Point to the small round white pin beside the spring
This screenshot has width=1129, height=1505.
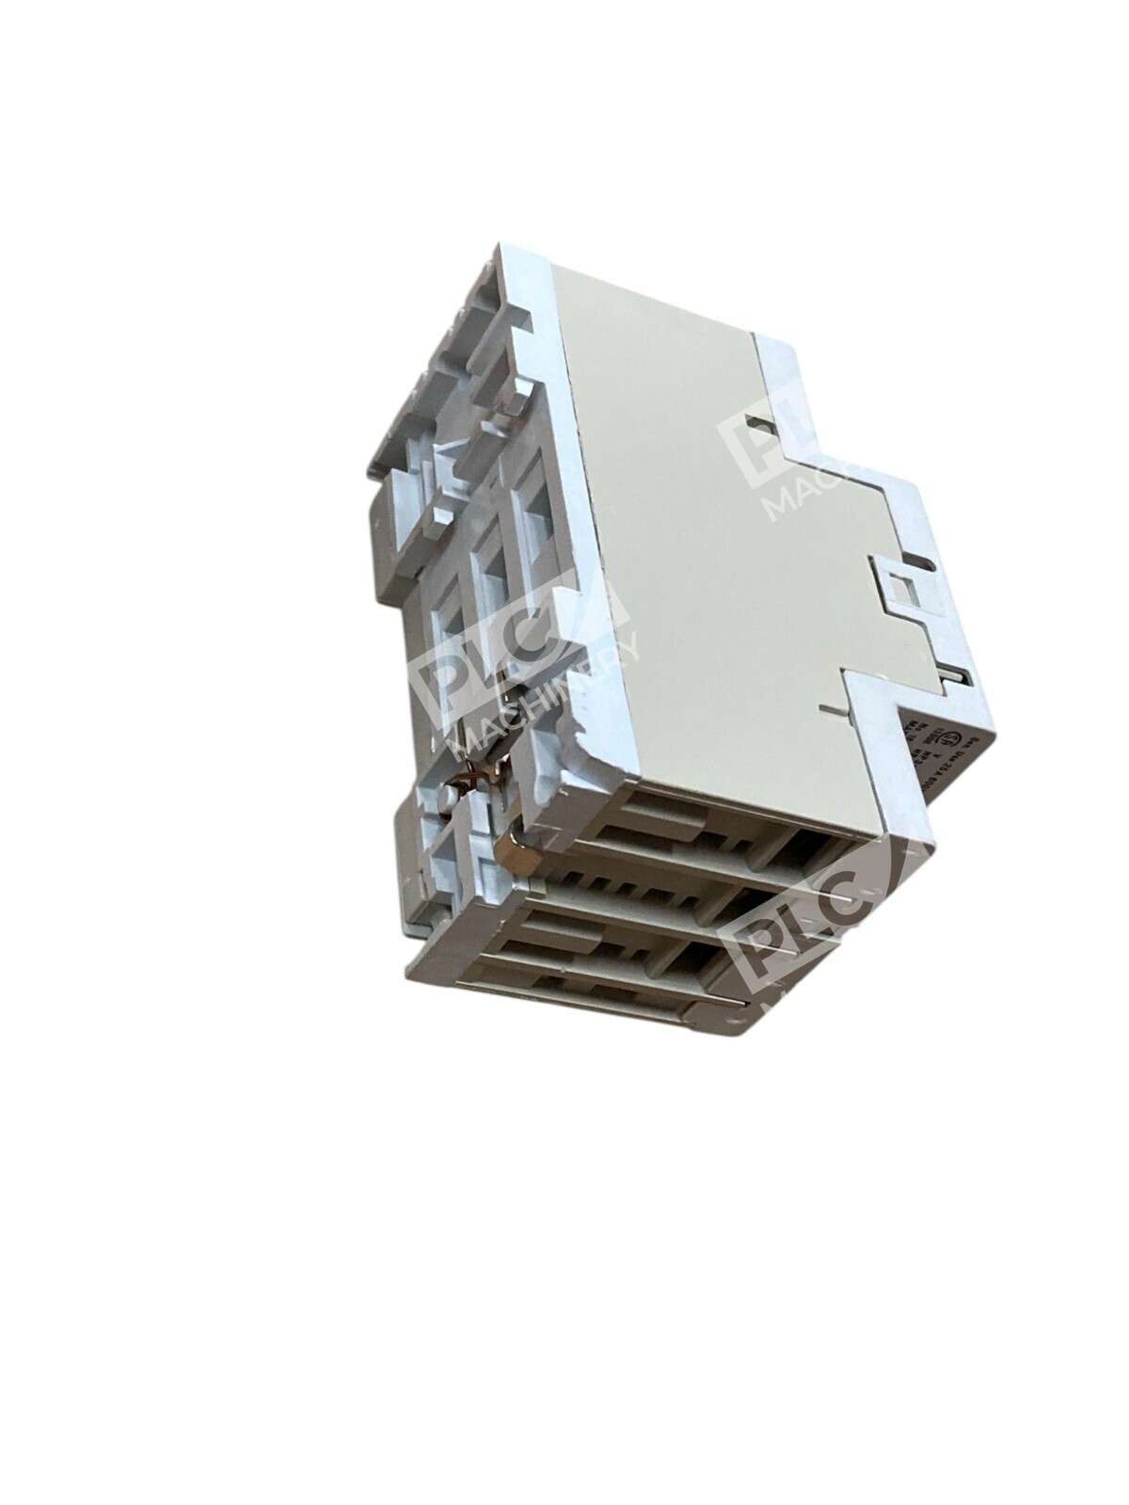[450, 796]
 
